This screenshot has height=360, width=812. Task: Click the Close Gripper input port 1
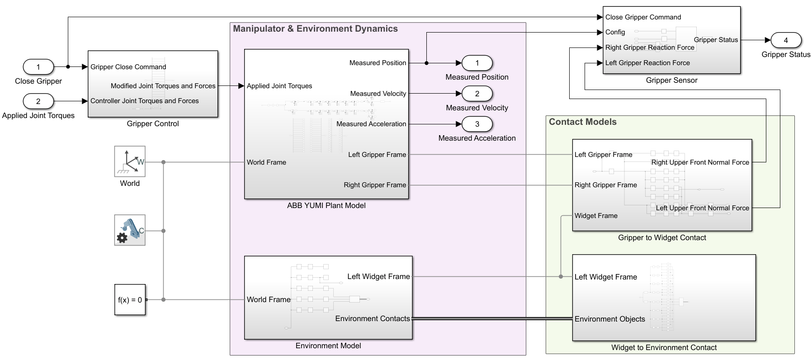click(38, 67)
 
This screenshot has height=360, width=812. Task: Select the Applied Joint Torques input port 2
click(38, 101)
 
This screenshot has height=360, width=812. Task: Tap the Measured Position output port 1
click(477, 63)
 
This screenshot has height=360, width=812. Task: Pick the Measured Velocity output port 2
click(477, 94)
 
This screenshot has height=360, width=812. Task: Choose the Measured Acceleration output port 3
click(477, 124)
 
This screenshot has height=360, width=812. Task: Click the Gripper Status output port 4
click(786, 40)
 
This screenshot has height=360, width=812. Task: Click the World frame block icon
click(130, 161)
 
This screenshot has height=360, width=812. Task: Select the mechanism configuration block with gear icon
click(130, 230)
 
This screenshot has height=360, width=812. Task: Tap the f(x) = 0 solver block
click(130, 299)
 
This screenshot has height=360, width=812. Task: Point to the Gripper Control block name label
click(153, 124)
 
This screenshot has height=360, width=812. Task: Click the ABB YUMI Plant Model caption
click(326, 205)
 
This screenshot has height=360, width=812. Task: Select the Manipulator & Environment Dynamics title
click(315, 29)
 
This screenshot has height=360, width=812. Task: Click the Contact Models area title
click(582, 122)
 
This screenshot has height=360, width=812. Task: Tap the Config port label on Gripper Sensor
click(615, 32)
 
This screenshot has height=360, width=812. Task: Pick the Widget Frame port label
click(596, 216)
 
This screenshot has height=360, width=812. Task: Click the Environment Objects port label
click(609, 319)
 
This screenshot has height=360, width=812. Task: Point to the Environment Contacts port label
click(373, 319)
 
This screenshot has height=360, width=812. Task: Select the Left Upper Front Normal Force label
click(702, 208)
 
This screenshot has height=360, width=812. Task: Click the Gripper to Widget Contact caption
click(662, 238)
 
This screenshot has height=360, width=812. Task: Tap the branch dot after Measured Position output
click(426, 63)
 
